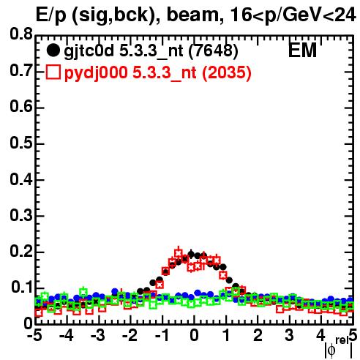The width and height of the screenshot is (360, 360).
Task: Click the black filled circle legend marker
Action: [53, 50]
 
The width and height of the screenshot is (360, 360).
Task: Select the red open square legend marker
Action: [53, 72]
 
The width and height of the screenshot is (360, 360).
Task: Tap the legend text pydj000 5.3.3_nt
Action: [130, 73]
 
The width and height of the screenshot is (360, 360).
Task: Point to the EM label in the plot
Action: [302, 50]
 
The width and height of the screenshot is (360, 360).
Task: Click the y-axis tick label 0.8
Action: [21, 34]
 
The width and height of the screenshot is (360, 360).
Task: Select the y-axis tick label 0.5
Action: [21, 143]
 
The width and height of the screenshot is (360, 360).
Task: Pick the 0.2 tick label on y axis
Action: [21, 251]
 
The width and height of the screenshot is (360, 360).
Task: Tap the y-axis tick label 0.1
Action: [22, 287]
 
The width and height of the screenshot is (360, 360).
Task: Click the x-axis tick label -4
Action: [66, 335]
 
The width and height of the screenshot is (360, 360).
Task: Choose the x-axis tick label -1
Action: [162, 335]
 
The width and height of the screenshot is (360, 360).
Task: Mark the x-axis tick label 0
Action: [194, 335]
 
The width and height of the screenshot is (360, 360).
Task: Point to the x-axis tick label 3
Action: [289, 335]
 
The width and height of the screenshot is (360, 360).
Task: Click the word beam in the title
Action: [195, 15]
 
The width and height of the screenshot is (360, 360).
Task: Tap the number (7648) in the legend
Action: [214, 51]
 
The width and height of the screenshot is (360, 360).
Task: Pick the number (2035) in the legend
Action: [227, 73]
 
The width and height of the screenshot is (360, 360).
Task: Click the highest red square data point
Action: [179, 252]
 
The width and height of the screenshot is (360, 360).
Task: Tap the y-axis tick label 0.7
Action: [21, 70]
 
